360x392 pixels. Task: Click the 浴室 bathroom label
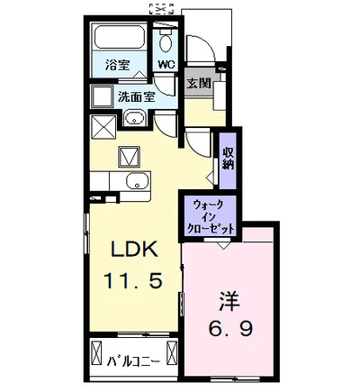(x=118, y=64)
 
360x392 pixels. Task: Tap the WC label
(x=167, y=64)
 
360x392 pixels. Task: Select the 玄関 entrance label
(x=199, y=83)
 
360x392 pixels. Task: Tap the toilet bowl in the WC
(x=166, y=41)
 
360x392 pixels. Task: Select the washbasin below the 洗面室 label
(x=136, y=118)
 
